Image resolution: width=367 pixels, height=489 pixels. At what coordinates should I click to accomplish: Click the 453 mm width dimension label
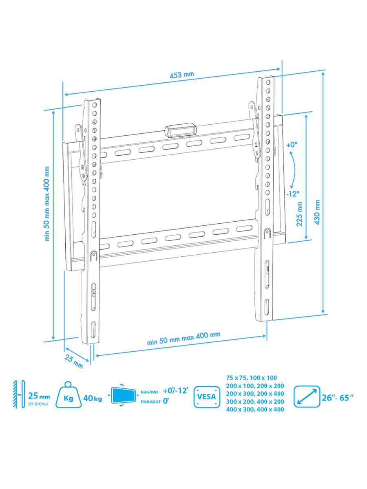181,75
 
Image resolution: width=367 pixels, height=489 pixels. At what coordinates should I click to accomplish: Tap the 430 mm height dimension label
317,212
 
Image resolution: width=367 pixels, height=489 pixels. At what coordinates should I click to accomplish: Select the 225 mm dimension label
299,214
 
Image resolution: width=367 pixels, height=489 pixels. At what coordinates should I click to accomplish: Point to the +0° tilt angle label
292,145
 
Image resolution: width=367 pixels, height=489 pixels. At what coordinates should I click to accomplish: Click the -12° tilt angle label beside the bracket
292,194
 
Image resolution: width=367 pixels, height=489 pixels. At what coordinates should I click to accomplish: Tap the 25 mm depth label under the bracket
73,361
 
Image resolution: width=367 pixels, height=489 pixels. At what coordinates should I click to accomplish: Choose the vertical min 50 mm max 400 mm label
47,204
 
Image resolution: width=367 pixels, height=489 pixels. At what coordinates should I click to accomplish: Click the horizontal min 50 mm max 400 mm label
183,339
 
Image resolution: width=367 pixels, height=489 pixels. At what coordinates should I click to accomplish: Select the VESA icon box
207,397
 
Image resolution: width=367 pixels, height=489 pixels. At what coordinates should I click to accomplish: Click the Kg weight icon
69,395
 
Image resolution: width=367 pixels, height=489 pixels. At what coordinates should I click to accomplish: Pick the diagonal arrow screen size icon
307,397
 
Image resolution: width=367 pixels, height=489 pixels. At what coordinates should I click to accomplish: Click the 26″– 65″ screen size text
338,398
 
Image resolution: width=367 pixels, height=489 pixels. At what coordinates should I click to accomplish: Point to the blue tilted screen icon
124,395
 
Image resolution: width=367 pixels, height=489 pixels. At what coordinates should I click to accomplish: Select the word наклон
149,392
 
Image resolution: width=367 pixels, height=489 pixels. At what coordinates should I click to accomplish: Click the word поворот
150,401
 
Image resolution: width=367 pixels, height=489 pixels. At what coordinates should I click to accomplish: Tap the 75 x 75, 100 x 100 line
252,378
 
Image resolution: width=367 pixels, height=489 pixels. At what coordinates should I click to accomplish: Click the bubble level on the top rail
181,130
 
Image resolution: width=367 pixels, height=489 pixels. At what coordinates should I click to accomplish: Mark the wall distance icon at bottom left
19,394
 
